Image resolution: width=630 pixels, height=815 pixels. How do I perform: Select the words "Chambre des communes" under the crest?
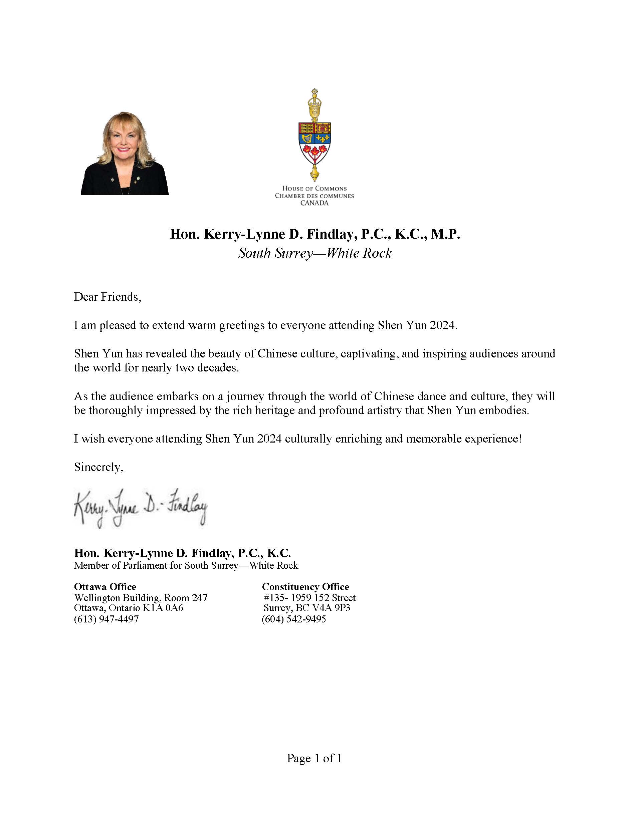tap(314, 196)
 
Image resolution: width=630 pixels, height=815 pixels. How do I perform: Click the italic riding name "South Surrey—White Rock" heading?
tap(315, 253)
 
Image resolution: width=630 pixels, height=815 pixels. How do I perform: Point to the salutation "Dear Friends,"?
tap(108, 297)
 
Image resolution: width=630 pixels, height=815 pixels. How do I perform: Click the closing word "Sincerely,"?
tap(98, 467)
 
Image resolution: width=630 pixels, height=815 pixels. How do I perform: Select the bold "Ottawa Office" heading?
tap(105, 587)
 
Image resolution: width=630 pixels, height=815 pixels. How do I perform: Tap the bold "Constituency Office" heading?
tap(305, 587)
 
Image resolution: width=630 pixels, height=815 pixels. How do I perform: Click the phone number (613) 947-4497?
tap(107, 619)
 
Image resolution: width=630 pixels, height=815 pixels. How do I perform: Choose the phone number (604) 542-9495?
tap(294, 619)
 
